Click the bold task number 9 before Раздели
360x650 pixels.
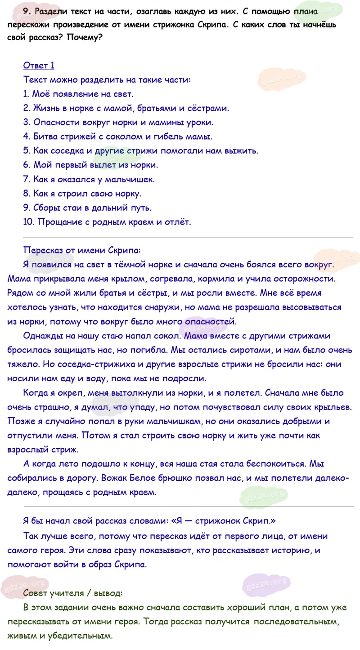click(26, 11)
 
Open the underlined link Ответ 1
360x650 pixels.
click(39, 66)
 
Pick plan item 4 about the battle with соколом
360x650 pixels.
click(117, 136)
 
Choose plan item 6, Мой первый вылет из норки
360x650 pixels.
click(90, 165)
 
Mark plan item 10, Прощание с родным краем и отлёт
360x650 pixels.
click(107, 221)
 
